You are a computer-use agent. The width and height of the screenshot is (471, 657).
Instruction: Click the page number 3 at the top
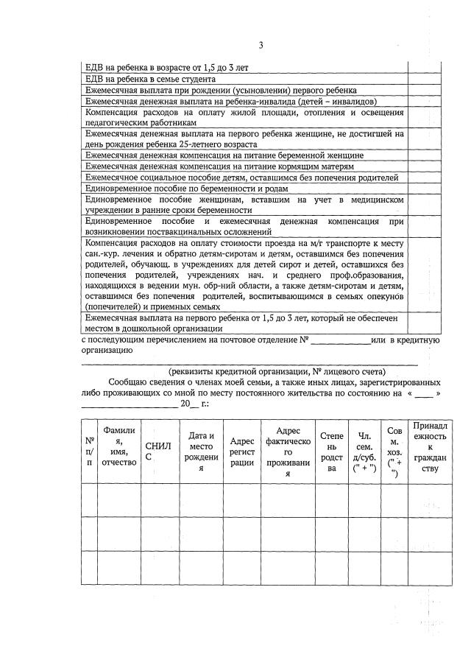[261, 46]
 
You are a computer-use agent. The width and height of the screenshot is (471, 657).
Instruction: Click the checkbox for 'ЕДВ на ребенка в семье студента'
[424, 79]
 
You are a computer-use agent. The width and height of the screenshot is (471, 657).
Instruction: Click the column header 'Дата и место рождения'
[200, 451]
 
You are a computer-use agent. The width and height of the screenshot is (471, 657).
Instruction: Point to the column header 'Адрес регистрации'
[242, 451]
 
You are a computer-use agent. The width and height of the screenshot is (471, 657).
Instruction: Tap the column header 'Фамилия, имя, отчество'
[120, 451]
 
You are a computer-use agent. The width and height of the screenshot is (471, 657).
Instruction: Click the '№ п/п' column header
[89, 451]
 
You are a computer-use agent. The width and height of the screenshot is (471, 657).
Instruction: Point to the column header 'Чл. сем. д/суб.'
[364, 451]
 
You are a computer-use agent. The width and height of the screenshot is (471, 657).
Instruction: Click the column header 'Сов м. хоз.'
[394, 451]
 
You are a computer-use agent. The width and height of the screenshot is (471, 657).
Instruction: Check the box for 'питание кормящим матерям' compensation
[424, 166]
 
